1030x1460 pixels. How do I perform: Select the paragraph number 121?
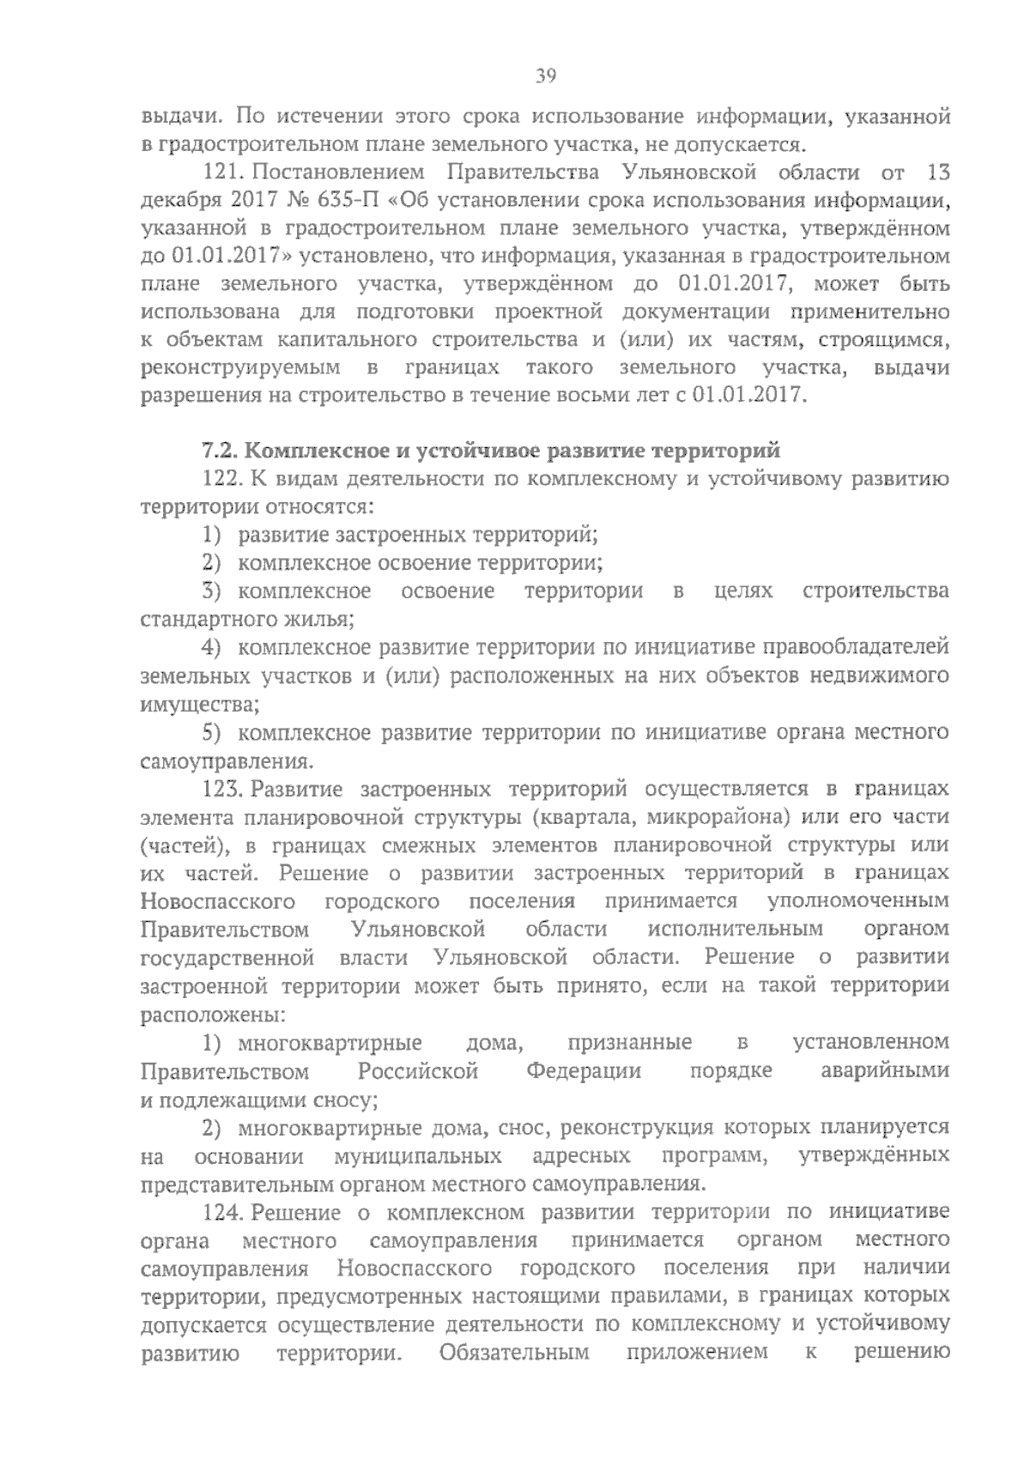pos(226,173)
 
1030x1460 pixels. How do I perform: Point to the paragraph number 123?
pos(224,789)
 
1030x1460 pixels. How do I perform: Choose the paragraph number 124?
pos(225,1213)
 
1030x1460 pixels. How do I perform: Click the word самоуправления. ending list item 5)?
pos(225,761)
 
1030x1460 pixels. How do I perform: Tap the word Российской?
pos(418,1071)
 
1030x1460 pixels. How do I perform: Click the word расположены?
pos(213,1015)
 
